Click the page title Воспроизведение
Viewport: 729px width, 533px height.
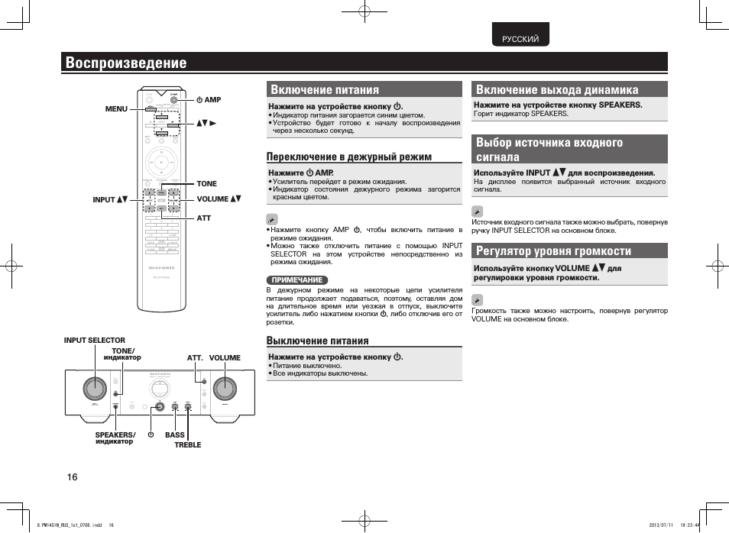tap(126, 63)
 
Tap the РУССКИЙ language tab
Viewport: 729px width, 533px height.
tap(520, 39)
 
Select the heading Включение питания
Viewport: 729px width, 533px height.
tap(325, 89)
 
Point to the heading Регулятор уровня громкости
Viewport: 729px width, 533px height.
tap(553, 250)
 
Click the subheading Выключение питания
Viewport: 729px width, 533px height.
tap(317, 341)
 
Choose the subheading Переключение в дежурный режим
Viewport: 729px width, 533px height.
tap(348, 157)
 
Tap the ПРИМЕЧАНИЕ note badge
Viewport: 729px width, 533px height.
tap(297, 280)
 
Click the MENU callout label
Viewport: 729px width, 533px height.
tap(116, 109)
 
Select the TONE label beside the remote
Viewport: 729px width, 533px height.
tap(206, 184)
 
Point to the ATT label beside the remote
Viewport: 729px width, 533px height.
tap(203, 218)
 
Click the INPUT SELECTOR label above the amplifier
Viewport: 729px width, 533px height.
tap(94, 341)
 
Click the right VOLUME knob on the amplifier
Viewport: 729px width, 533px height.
tap(225, 388)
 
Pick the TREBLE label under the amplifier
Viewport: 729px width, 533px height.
tap(187, 444)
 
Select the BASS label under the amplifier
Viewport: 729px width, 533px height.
tap(175, 435)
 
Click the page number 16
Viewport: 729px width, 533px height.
tap(72, 477)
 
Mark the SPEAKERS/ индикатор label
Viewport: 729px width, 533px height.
tap(115, 438)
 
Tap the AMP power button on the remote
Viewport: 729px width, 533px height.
tap(177, 100)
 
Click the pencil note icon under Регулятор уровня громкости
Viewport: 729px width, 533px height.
tap(478, 298)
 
